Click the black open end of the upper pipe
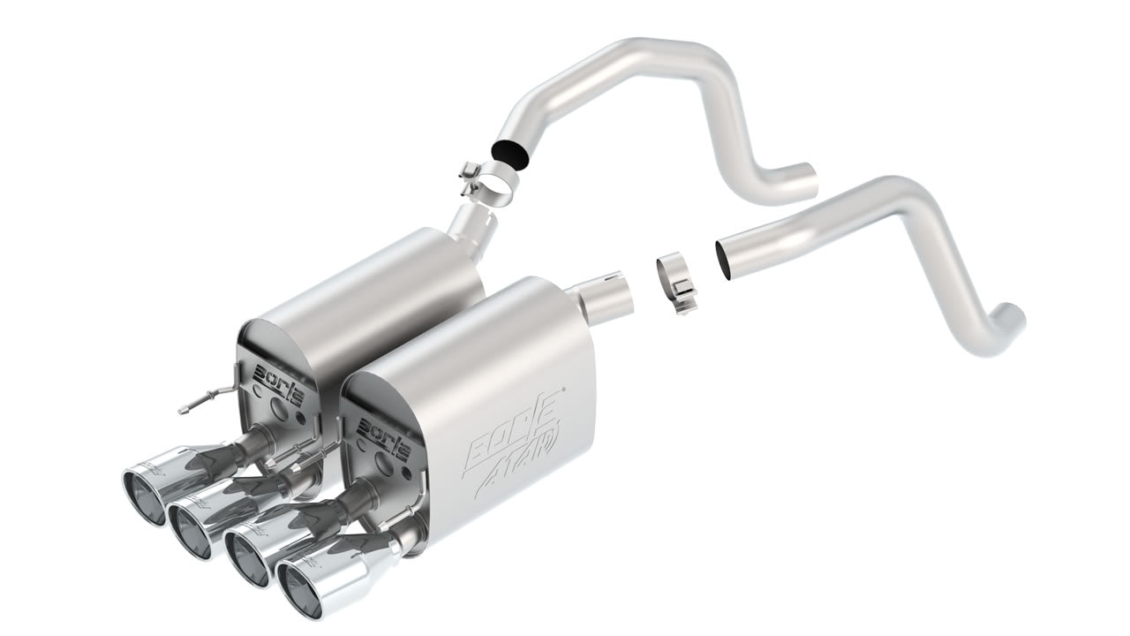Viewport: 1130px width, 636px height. [x=516, y=151]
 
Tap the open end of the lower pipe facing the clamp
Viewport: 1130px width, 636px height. [x=725, y=258]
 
